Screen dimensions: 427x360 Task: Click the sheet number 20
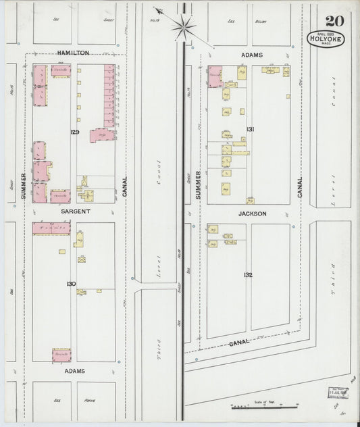pyautogui.click(x=334, y=20)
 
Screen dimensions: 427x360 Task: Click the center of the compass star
pyautogui.click(x=183, y=27)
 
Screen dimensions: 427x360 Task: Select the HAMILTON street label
pyautogui.click(x=72, y=52)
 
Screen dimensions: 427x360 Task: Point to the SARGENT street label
pyautogui.click(x=75, y=211)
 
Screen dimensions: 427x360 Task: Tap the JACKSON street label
pyautogui.click(x=253, y=214)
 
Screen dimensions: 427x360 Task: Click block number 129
pyautogui.click(x=74, y=132)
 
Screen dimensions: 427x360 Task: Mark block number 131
pyautogui.click(x=250, y=129)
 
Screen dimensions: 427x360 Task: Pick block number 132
pyautogui.click(x=248, y=275)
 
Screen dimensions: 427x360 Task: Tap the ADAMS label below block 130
pyautogui.click(x=74, y=372)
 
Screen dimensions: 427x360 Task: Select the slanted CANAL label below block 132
pyautogui.click(x=239, y=343)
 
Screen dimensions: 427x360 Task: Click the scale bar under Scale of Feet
pyautogui.click(x=265, y=406)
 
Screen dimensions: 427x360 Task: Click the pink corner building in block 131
pyautogui.click(x=215, y=76)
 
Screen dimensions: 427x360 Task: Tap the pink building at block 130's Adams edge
pyautogui.click(x=61, y=354)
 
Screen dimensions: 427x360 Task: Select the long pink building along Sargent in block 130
pyautogui.click(x=51, y=228)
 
